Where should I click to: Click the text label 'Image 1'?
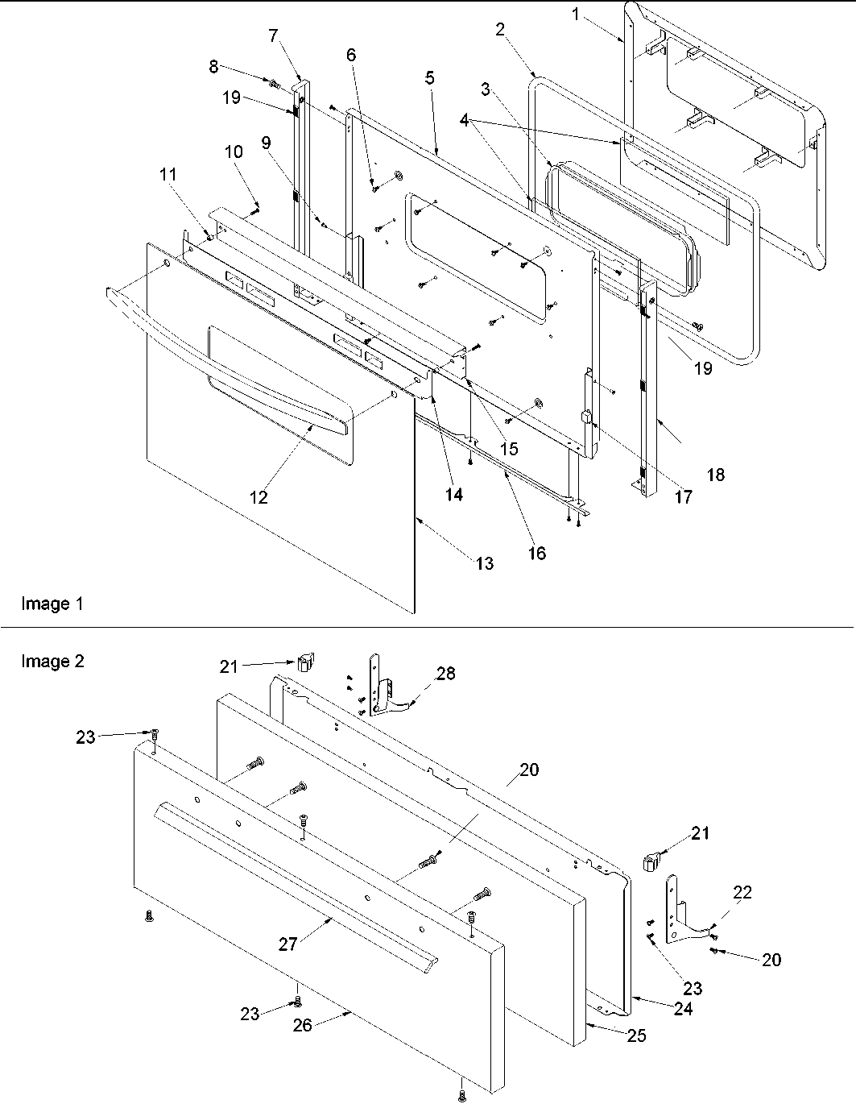[x=52, y=604]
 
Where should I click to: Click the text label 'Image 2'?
[x=52, y=662]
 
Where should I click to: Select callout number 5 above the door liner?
[x=429, y=77]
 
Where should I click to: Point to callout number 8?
[x=213, y=67]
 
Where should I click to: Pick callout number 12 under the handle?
[x=258, y=497]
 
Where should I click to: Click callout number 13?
[x=484, y=563]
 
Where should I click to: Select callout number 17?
[x=683, y=497]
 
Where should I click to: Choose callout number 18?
[x=715, y=475]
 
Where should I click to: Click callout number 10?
[x=233, y=151]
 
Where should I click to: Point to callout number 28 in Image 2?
[x=445, y=674]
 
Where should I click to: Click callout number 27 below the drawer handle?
[x=288, y=944]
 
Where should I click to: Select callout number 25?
[x=636, y=1035]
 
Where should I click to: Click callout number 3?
[x=485, y=89]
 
